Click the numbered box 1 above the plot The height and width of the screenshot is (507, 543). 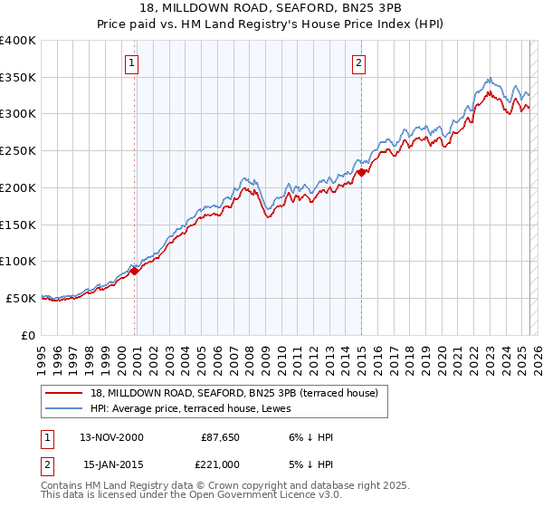(x=132, y=62)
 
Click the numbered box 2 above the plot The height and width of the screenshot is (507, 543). (x=359, y=62)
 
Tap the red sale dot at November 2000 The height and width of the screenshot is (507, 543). (x=135, y=270)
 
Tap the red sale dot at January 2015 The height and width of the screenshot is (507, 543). (x=361, y=171)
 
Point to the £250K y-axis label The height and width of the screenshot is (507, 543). (x=18, y=150)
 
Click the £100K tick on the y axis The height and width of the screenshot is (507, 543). (x=18, y=261)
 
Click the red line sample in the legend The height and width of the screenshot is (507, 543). (x=64, y=392)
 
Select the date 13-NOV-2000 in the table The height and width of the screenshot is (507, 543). (x=110, y=437)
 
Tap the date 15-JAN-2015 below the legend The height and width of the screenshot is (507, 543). (x=110, y=464)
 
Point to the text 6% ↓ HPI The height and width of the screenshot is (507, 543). (x=310, y=437)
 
